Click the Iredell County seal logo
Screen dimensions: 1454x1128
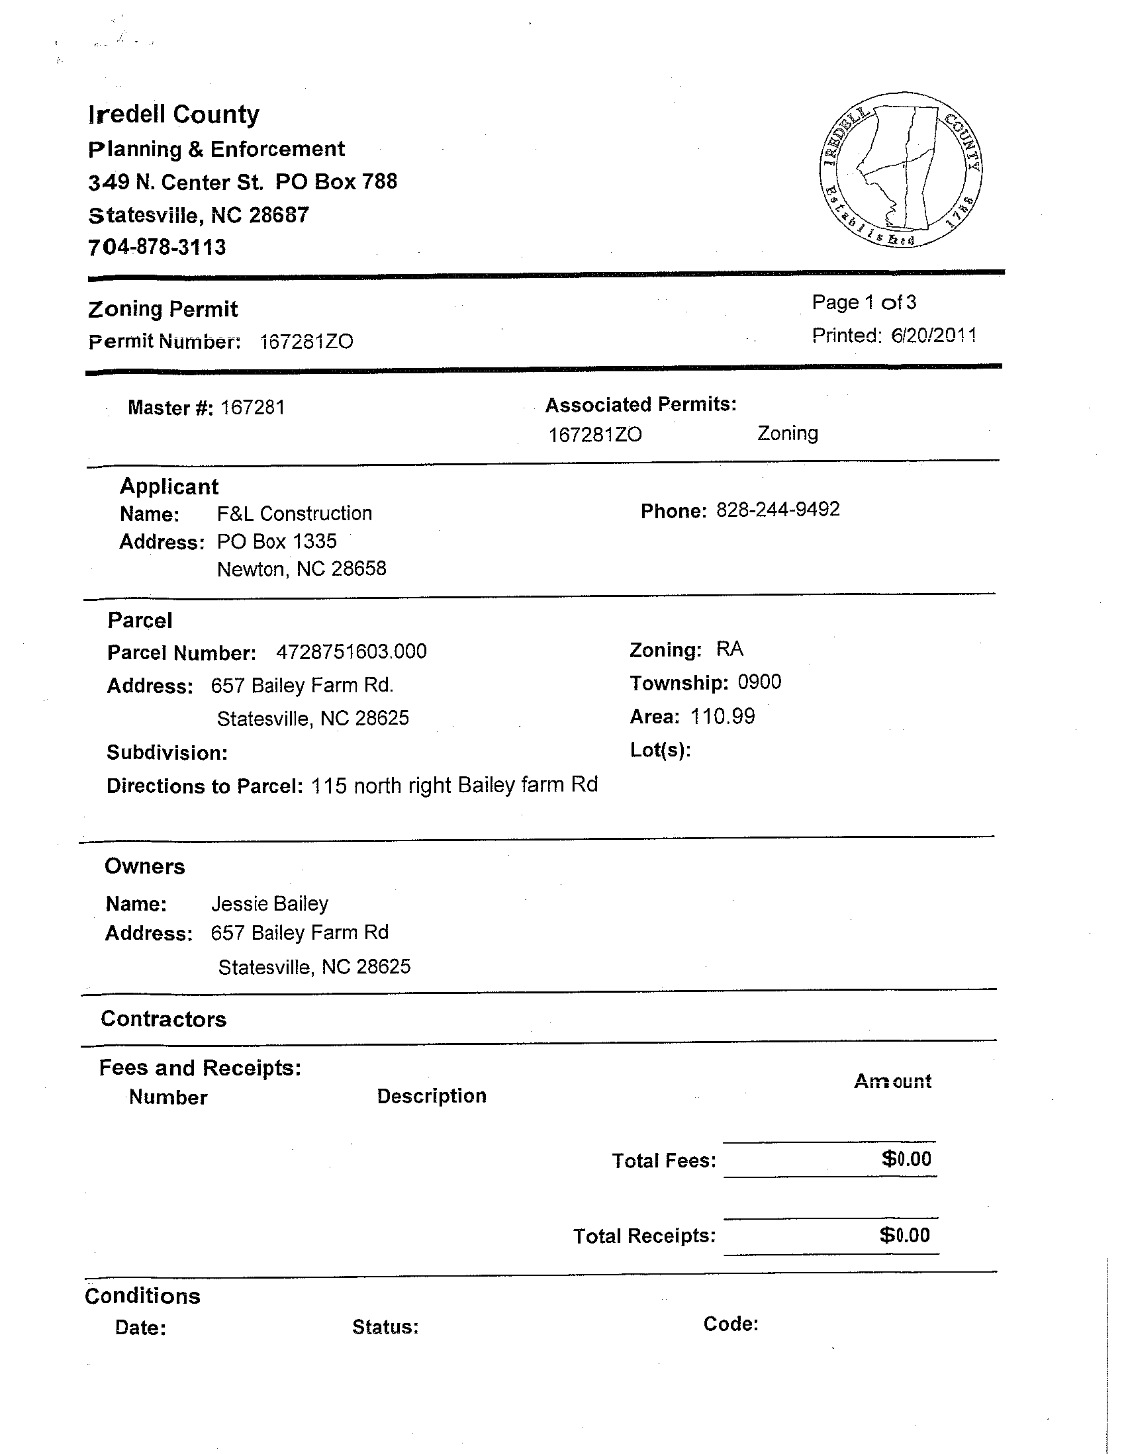click(x=901, y=170)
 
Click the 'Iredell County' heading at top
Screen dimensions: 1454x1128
click(x=174, y=114)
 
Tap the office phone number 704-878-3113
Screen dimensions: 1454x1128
click(x=157, y=248)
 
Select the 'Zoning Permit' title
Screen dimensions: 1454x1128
click(x=163, y=309)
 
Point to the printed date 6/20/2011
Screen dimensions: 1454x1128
click(x=933, y=335)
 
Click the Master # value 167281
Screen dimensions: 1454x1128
click(x=252, y=408)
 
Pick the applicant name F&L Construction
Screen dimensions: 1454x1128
click(x=295, y=514)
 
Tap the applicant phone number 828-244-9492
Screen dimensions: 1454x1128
click(x=778, y=510)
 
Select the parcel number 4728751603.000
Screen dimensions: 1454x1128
click(x=351, y=651)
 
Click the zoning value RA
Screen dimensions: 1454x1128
click(x=729, y=649)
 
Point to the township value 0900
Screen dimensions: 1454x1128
click(x=759, y=682)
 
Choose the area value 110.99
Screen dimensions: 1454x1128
click(x=722, y=716)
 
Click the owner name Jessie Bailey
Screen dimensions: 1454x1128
click(x=269, y=903)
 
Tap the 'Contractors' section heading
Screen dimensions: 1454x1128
click(x=164, y=1019)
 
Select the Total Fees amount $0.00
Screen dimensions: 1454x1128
click(x=906, y=1159)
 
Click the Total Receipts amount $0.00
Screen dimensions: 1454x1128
click(x=904, y=1236)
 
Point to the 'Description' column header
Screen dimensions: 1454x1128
click(x=432, y=1096)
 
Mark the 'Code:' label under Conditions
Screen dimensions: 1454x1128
click(x=730, y=1324)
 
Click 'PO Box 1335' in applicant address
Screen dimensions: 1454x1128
click(x=277, y=541)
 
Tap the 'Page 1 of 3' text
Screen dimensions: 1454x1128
click(x=864, y=302)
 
